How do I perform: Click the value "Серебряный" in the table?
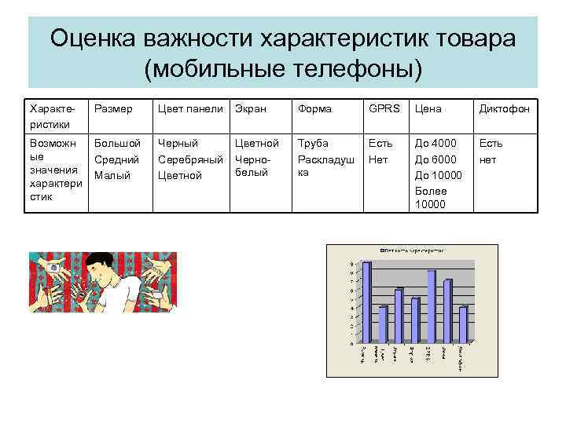click(191, 159)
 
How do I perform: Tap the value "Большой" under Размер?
click(117, 144)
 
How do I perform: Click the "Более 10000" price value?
click(431, 197)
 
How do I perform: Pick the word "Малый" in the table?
click(112, 175)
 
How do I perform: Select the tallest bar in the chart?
click(366, 303)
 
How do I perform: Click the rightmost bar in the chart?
click(464, 324)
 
